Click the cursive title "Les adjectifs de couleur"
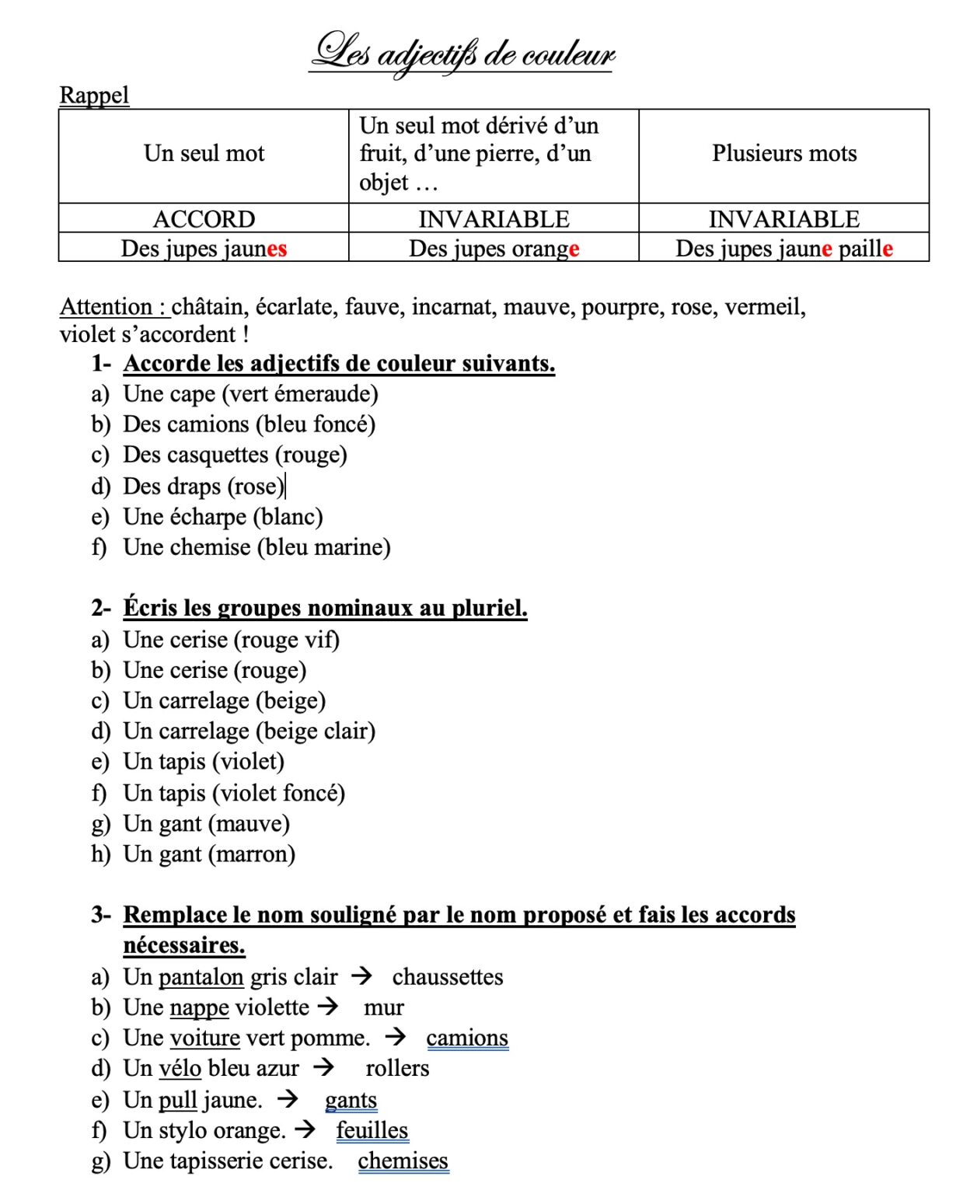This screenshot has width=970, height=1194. tap(462, 53)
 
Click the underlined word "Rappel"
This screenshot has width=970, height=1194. tap(94, 95)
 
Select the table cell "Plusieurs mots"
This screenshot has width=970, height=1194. tap(783, 154)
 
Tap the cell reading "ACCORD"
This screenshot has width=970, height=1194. tap(204, 219)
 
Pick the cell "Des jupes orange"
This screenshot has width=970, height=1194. tap(494, 249)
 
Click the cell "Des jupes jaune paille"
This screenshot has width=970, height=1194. tap(783, 249)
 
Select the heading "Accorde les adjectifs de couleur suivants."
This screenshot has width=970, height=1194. tap(339, 364)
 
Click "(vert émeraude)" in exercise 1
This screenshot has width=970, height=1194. tap(300, 394)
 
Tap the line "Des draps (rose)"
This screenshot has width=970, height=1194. tap(204, 487)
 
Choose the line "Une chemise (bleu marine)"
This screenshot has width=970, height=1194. tap(256, 547)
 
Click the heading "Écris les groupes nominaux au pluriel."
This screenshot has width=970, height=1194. tap(325, 608)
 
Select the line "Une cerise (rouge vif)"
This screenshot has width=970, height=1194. tap(231, 640)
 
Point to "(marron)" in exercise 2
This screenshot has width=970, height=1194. tap(252, 854)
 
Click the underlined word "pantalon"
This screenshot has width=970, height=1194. tap(201, 977)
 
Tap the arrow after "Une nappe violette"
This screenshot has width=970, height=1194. tap(329, 1007)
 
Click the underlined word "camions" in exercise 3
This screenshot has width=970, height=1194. tap(467, 1039)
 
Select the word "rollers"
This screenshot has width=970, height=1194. tap(397, 1069)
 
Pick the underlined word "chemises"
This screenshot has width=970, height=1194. tap(403, 1161)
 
